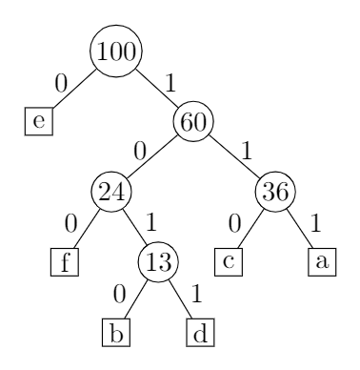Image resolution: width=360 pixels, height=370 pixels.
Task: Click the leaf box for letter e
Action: click(x=36, y=121)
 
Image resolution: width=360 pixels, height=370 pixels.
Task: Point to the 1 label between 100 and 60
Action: click(x=170, y=83)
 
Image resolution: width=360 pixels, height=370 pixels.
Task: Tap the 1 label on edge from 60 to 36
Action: click(x=250, y=151)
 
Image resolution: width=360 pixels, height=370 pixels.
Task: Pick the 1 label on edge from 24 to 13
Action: click(x=150, y=224)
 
